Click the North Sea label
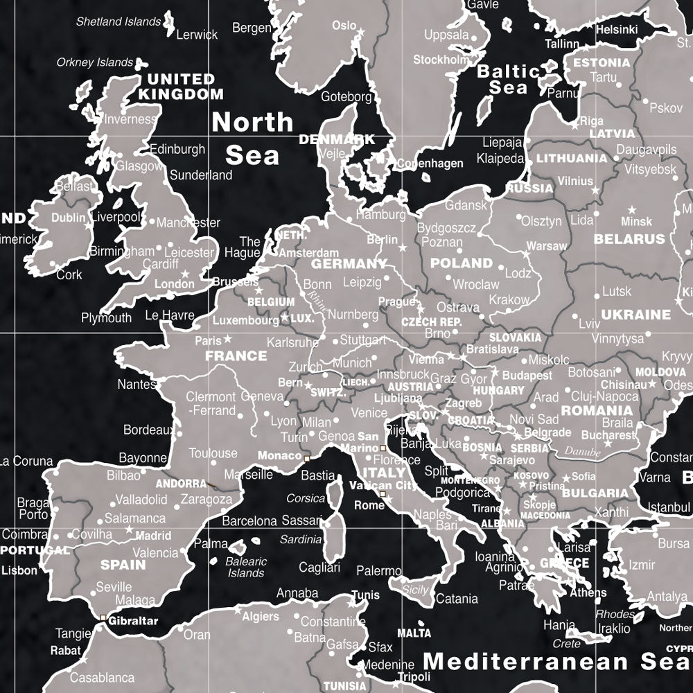[252, 139]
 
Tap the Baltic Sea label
[508, 79]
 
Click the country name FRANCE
[236, 356]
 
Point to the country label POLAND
[461, 263]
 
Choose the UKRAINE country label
[635, 314]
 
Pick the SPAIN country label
[123, 564]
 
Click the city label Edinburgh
[177, 149]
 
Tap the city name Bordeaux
[148, 430]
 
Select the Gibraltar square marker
[103, 617]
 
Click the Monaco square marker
[307, 458]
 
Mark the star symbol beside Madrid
[129, 529]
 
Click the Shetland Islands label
[119, 21]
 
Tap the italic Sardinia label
[301, 539]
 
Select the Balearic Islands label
[246, 567]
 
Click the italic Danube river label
[582, 450]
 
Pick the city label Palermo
[378, 571]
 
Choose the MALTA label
[414, 633]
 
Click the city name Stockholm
[441, 60]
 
